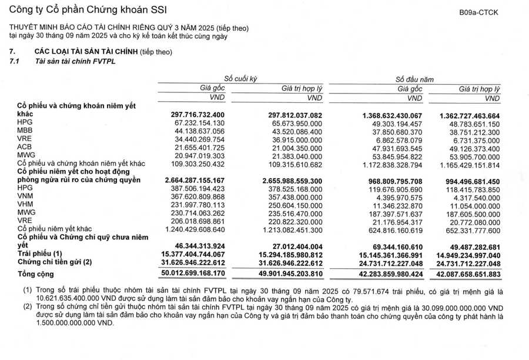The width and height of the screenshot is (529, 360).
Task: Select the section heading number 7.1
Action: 14,61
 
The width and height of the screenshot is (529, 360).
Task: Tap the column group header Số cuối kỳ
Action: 240,78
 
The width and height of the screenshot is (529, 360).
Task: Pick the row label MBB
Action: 24,131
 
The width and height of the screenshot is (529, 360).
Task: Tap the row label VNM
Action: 25,196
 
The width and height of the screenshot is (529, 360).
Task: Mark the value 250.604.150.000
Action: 295,204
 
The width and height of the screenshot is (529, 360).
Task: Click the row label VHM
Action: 25,204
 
